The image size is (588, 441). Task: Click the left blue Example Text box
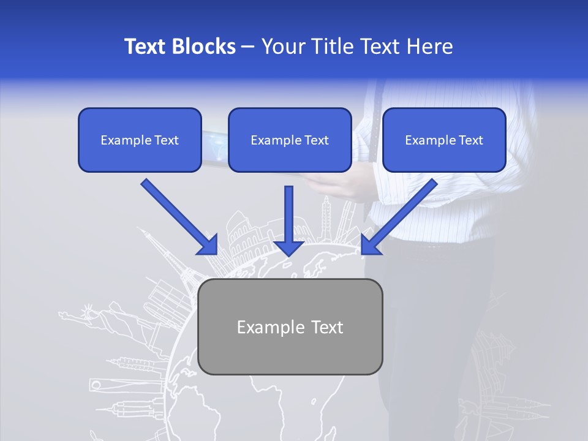pyautogui.click(x=140, y=140)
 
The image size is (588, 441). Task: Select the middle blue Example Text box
pyautogui.click(x=290, y=140)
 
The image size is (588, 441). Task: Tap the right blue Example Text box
pyautogui.click(x=444, y=140)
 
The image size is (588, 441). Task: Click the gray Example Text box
pyautogui.click(x=290, y=326)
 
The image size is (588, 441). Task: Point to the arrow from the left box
pyautogui.click(x=179, y=217)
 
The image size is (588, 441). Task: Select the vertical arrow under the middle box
pyautogui.click(x=288, y=221)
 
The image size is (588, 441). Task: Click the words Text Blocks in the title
pyautogui.click(x=179, y=47)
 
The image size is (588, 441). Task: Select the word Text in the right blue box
pyautogui.click(x=470, y=140)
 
